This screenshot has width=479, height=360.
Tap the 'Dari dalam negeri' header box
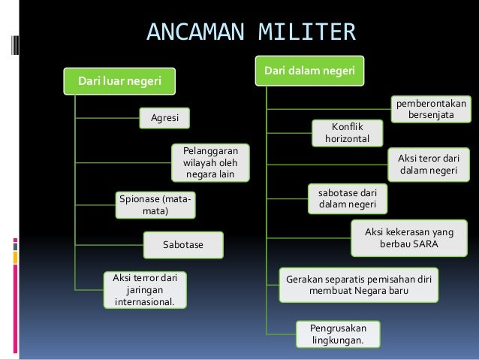[310, 71]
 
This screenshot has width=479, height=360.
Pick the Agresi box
[164, 118]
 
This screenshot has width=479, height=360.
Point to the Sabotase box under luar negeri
[183, 245]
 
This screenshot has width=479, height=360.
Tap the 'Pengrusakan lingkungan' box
[338, 334]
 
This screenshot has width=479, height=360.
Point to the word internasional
[144, 303]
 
